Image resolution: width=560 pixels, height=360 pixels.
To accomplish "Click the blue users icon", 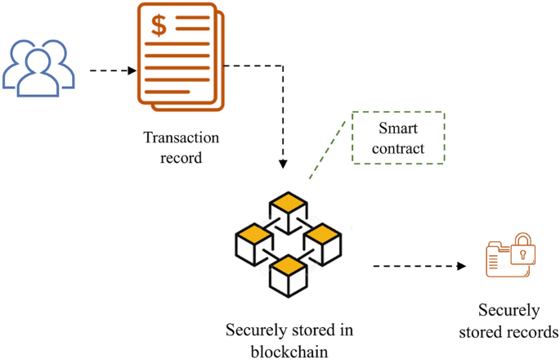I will pyautogui.click(x=39, y=65).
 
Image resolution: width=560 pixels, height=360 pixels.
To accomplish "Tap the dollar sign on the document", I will pyautogui.click(x=159, y=25).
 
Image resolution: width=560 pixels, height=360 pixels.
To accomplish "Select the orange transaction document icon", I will pyautogui.click(x=182, y=57).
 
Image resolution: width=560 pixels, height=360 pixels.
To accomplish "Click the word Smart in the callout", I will pyautogui.click(x=397, y=128).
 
